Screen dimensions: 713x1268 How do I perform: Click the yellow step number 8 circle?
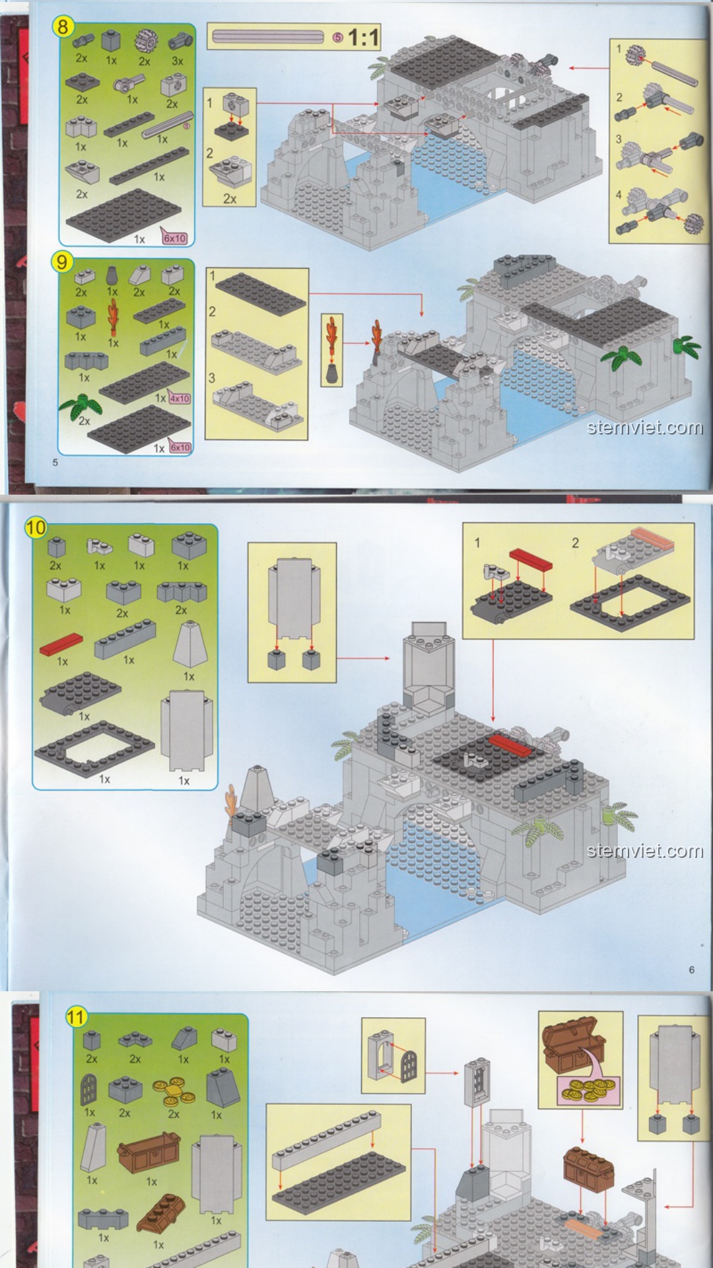pyautogui.click(x=63, y=26)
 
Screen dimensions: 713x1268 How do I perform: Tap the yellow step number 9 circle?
pyautogui.click(x=61, y=262)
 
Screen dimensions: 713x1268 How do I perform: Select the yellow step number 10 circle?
pyautogui.click(x=36, y=528)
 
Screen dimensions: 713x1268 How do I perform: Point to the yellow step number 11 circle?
pyautogui.click(x=76, y=1016)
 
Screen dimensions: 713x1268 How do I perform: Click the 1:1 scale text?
pyautogui.click(x=363, y=38)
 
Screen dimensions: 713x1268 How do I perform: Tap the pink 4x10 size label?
pyautogui.click(x=180, y=398)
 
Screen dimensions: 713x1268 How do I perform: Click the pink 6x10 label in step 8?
pyautogui.click(x=174, y=238)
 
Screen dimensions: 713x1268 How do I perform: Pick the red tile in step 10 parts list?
pyautogui.click(x=61, y=644)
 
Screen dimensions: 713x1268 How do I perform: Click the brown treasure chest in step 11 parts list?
pyautogui.click(x=149, y=1154)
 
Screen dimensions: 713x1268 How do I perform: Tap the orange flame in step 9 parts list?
pyautogui.click(x=114, y=318)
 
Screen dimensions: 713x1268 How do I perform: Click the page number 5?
pyautogui.click(x=55, y=462)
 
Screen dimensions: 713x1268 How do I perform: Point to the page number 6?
pyautogui.click(x=691, y=969)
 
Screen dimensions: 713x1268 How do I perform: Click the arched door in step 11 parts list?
pyautogui.click(x=88, y=1090)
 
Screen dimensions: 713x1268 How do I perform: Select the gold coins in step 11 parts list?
pyautogui.click(x=174, y=1092)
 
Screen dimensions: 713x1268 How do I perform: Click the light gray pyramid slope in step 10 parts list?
pyautogui.click(x=190, y=645)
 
